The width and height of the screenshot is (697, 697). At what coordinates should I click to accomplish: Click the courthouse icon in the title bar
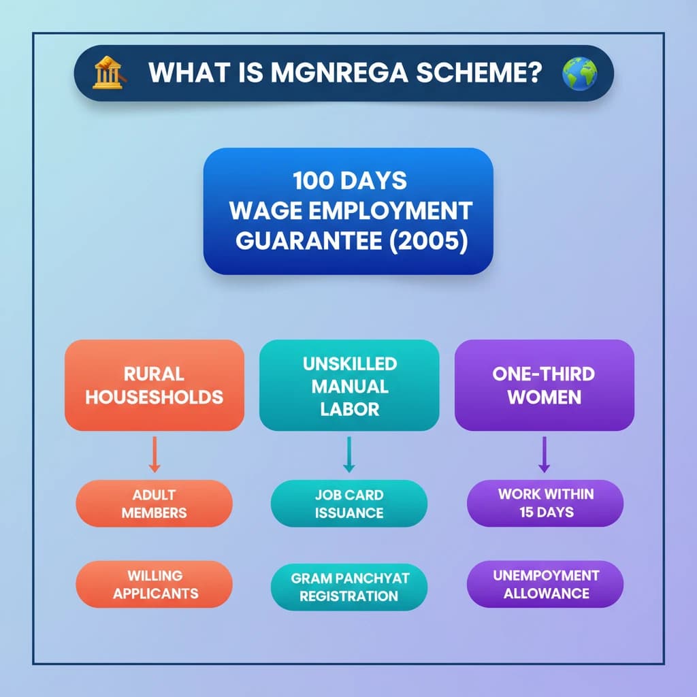109,72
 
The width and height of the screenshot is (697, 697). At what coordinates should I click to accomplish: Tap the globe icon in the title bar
580,74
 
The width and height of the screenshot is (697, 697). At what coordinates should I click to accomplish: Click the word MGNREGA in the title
340,72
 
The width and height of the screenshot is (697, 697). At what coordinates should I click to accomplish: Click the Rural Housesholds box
155,385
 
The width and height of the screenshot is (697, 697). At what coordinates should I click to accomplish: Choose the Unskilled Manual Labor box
349,385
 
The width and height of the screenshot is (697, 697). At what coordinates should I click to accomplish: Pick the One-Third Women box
544,385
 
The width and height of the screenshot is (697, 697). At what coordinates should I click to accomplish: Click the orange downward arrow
155,454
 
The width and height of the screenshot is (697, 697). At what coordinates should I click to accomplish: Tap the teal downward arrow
349,454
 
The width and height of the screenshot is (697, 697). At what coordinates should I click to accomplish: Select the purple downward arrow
544,454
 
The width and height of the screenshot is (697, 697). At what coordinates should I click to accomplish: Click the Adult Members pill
155,504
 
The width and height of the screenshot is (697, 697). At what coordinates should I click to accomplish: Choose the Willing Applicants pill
155,584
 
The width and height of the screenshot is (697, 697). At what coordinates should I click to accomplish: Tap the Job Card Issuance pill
349,504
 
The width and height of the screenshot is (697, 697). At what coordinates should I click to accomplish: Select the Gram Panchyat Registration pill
349,587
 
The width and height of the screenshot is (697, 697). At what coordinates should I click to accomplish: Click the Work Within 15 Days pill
545,503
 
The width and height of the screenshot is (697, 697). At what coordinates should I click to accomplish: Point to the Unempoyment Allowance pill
545,584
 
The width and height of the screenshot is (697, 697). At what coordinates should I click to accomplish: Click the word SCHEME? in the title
479,72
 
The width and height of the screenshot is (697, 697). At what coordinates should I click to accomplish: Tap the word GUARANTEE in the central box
309,241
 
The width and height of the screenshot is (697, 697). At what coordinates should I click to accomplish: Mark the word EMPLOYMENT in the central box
390,211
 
